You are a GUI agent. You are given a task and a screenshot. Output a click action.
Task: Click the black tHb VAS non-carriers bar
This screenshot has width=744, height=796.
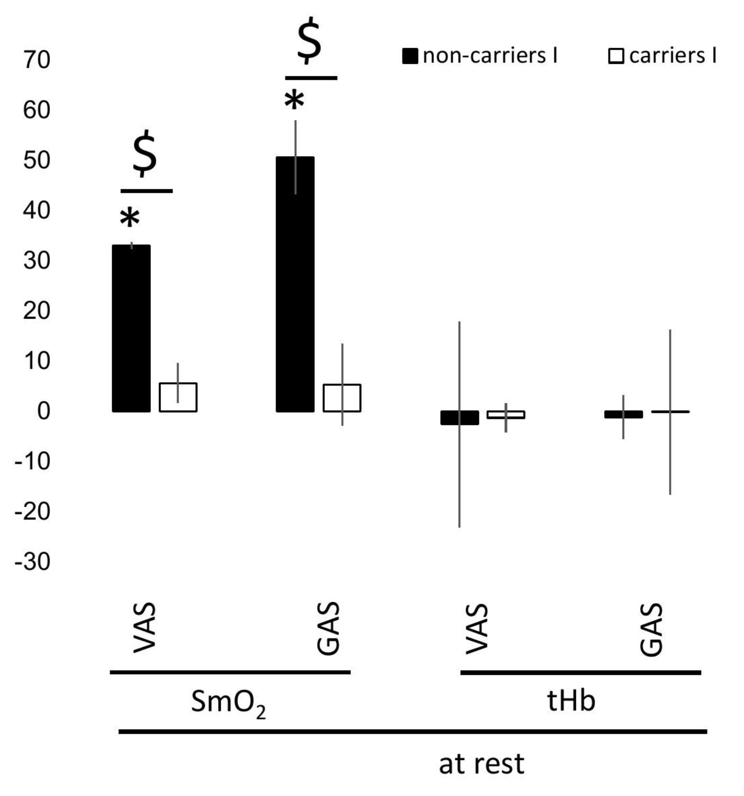[x=459, y=418]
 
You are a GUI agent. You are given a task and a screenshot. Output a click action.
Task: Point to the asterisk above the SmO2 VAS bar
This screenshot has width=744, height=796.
[x=130, y=219]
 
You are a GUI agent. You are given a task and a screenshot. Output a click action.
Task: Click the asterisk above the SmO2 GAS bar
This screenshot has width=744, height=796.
[x=294, y=101]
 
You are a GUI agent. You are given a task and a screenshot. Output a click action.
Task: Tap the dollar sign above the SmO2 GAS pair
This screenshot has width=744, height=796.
[x=309, y=40]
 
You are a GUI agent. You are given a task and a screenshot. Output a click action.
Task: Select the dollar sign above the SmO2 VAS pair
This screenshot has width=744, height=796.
[x=145, y=153]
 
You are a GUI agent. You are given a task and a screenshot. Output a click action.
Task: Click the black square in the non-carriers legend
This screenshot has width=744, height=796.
[x=410, y=56]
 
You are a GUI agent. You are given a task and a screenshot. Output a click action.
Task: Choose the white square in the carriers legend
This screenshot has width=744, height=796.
[x=616, y=56]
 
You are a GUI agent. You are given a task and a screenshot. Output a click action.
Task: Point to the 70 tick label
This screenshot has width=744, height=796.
[x=37, y=61]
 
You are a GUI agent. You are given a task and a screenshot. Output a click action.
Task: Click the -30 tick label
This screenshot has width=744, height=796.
[x=32, y=561]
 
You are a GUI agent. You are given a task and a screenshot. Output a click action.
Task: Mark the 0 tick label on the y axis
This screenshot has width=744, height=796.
[x=43, y=411]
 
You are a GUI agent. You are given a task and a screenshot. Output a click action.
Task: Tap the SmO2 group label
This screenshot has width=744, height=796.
[x=228, y=703]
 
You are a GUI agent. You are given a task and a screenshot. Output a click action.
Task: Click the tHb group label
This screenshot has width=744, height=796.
[x=571, y=701]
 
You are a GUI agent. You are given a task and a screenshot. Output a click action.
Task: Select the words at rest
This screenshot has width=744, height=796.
[x=481, y=764]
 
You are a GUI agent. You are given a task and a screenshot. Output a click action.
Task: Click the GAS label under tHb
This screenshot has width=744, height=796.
[x=652, y=629]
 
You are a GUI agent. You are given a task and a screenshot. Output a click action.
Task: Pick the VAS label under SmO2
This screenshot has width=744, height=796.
[x=144, y=627]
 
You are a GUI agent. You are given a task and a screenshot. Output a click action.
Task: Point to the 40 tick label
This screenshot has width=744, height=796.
[x=37, y=211]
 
